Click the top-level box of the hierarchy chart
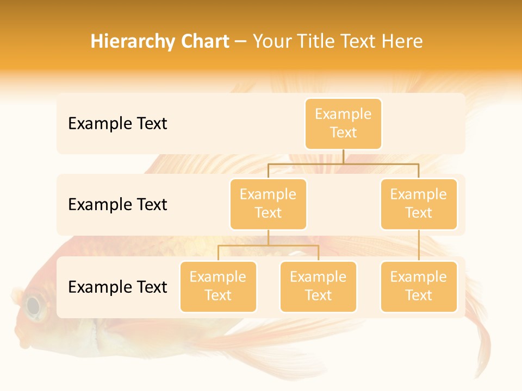[343, 123]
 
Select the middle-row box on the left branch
[268, 204]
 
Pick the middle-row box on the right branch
[419, 204]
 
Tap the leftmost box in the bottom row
[218, 286]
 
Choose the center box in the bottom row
[318, 286]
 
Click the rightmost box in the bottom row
[419, 286]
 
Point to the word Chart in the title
[204, 42]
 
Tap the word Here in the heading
[403, 42]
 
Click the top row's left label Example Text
[117, 124]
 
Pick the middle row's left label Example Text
[117, 205]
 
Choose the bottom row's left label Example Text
[117, 287]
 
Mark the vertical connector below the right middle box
[419, 245]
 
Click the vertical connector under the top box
[343, 156]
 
